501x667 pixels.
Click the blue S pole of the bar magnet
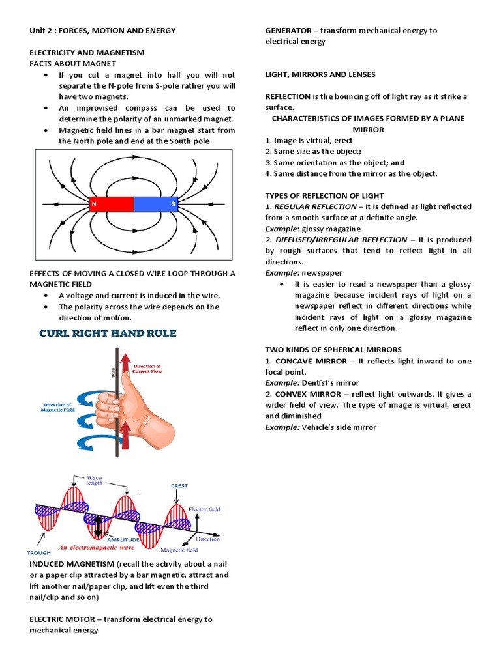coord(156,205)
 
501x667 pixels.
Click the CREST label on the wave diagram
coord(179,485)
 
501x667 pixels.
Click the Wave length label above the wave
coord(94,481)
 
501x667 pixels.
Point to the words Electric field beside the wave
coord(204,509)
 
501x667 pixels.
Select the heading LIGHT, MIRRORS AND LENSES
coord(320,74)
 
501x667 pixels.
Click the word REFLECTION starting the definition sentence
coord(288,96)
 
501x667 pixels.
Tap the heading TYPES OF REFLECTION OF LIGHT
coord(324,195)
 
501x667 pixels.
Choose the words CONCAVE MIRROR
coord(306,361)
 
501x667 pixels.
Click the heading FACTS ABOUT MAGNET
coord(72,63)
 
